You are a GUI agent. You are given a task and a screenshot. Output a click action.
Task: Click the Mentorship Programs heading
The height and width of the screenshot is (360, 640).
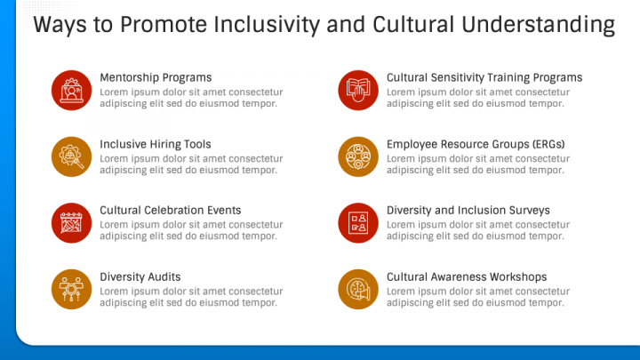[x=156, y=77]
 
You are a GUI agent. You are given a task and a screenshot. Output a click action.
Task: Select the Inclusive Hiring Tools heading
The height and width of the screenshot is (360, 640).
[x=156, y=144]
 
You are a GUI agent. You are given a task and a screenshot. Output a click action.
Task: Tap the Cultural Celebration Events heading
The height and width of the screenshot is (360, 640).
[x=171, y=211]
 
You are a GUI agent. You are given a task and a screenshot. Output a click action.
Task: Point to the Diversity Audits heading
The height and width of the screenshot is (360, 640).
[x=140, y=277]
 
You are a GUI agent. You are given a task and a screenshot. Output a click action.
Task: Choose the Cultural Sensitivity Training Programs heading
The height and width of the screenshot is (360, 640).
[x=484, y=77]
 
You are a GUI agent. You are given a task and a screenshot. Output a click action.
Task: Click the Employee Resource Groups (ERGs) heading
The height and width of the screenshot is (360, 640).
[x=476, y=144]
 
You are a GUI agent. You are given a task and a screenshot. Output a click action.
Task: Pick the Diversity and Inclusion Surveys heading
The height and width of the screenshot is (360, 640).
[x=468, y=211]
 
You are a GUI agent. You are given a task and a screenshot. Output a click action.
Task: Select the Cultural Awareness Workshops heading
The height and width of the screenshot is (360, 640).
[x=467, y=277]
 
